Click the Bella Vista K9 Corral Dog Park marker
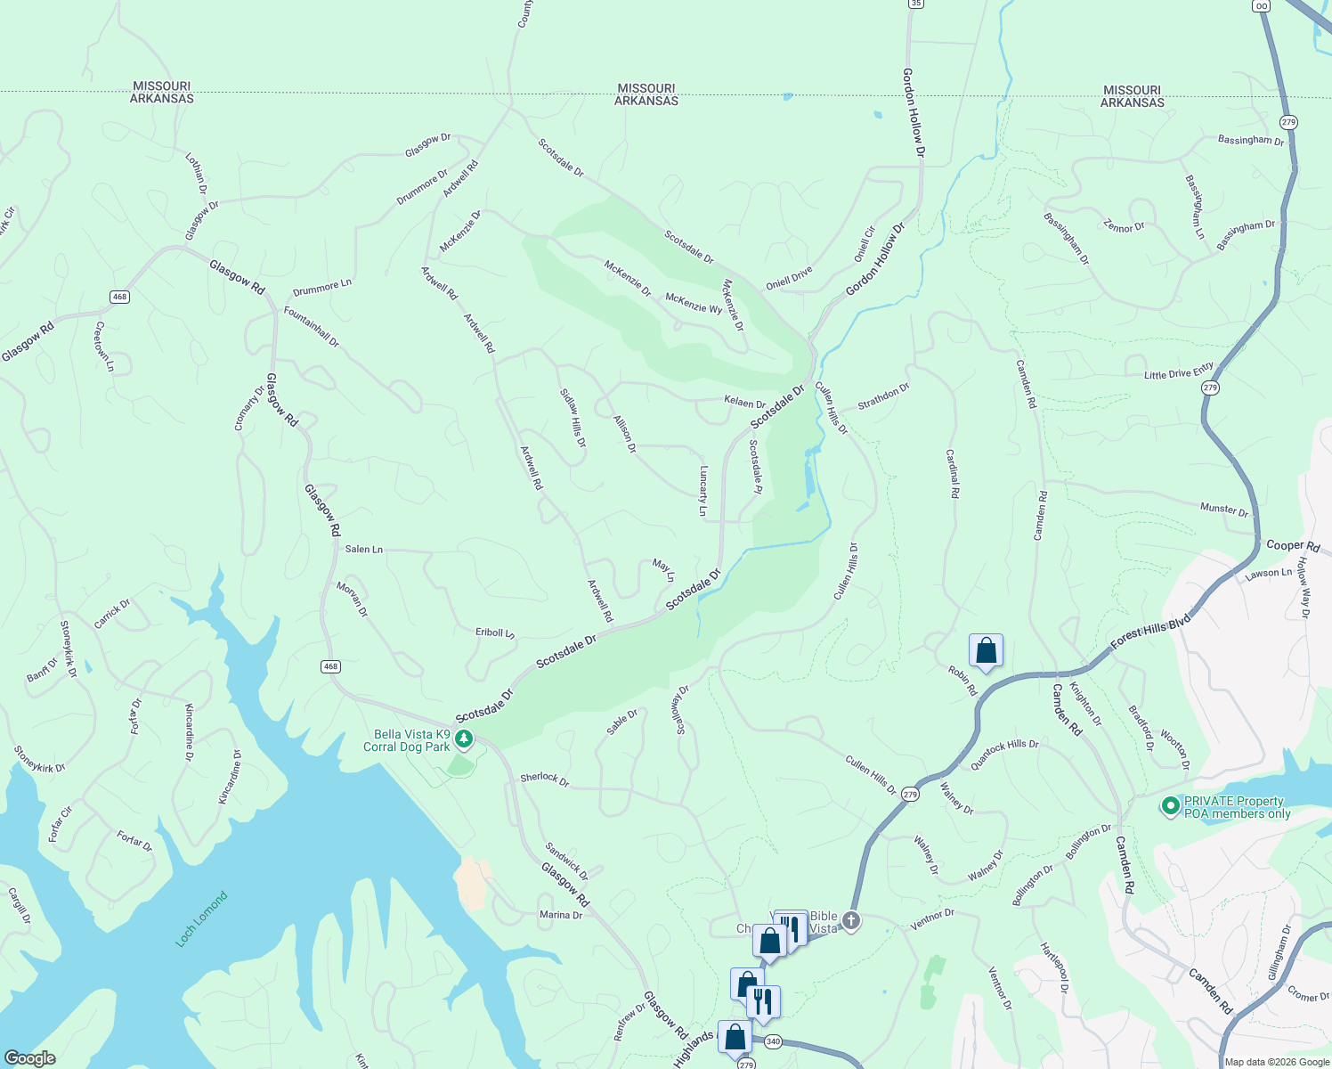(x=463, y=739)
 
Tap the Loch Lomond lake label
(x=201, y=918)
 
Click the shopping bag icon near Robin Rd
(x=986, y=650)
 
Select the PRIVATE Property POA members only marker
(x=1170, y=806)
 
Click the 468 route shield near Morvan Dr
(x=330, y=666)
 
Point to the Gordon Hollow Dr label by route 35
(x=913, y=113)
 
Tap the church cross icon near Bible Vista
(x=850, y=920)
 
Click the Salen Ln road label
(x=363, y=549)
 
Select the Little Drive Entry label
(x=1178, y=371)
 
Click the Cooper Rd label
(x=1293, y=545)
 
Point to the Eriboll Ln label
(x=494, y=632)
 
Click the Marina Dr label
(x=561, y=915)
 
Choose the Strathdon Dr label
(x=883, y=396)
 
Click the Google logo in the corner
(x=29, y=1058)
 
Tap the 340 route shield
(x=772, y=1041)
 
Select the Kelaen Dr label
(x=744, y=403)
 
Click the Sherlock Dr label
(x=544, y=779)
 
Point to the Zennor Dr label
(x=1124, y=226)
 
